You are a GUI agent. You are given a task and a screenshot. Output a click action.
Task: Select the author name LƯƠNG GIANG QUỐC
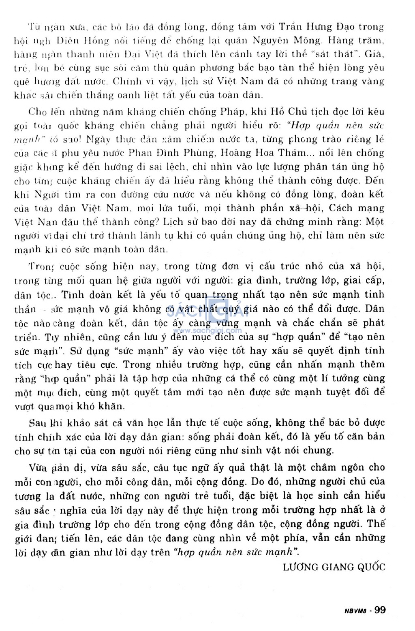pos(334,567)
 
